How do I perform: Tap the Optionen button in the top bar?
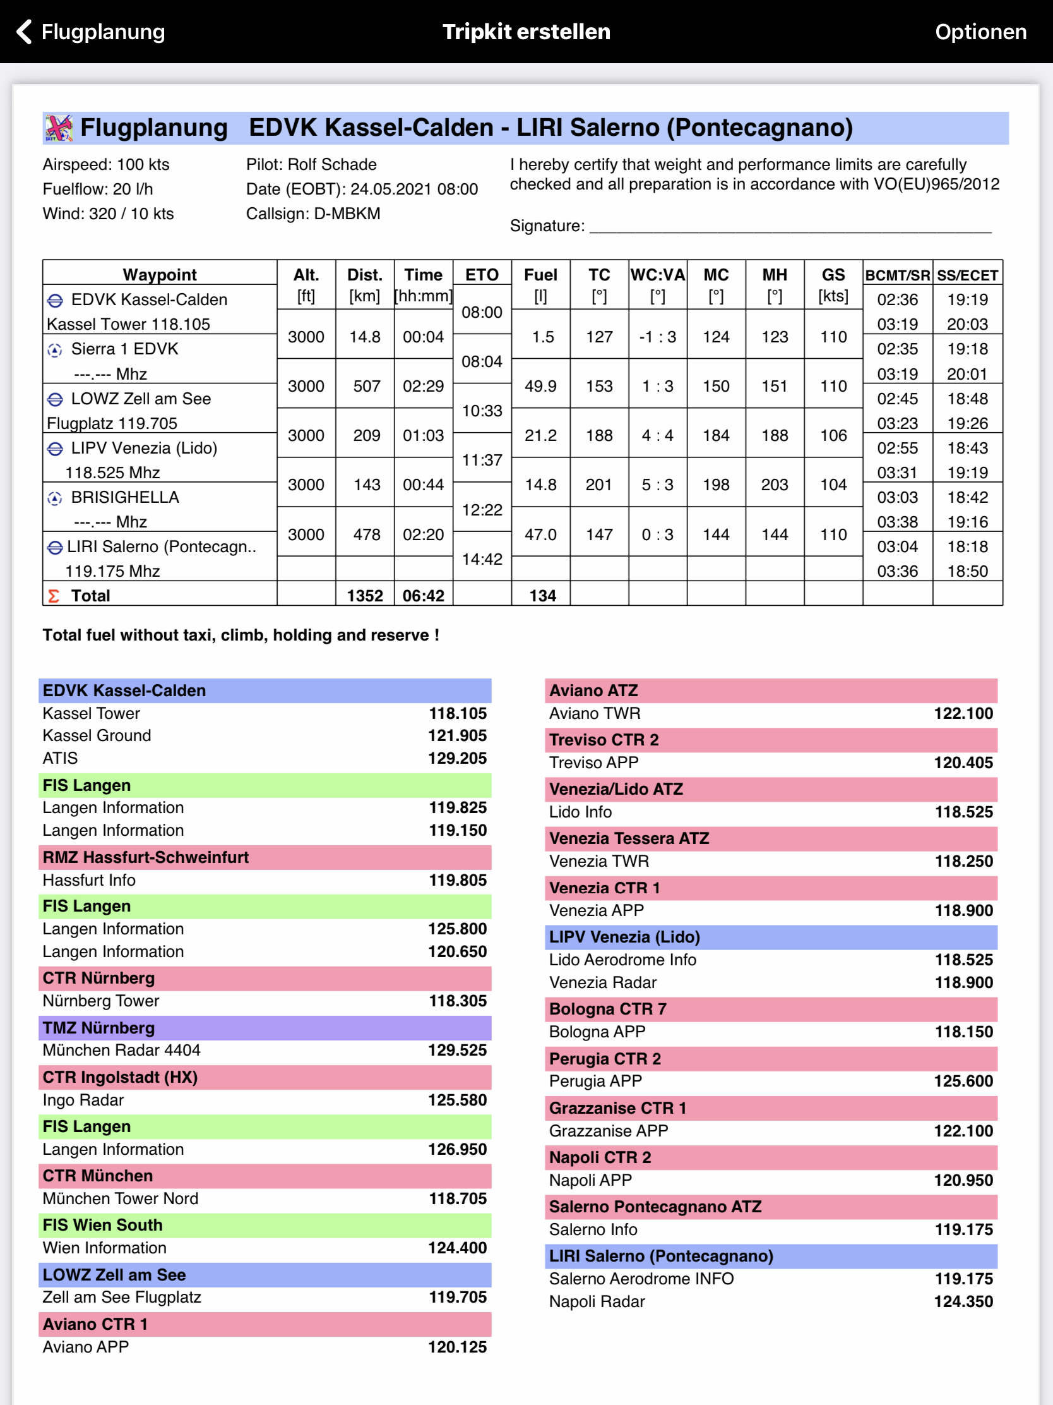[x=980, y=31]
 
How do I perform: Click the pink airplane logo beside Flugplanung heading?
[x=58, y=128]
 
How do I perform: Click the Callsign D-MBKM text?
[x=313, y=214]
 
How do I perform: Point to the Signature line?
[x=790, y=227]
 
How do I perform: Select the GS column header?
[x=833, y=275]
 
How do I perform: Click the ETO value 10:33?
[x=482, y=411]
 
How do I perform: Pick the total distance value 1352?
[x=365, y=596]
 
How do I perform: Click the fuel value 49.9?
[x=541, y=386]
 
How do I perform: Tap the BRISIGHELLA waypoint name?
[x=125, y=497]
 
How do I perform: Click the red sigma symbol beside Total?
[x=54, y=596]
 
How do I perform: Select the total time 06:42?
[x=424, y=596]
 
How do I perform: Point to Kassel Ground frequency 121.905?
[x=457, y=735]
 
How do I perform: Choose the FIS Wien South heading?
[x=102, y=1224]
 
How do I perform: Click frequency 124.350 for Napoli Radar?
[x=963, y=1301]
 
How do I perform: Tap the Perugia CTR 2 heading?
[x=604, y=1059]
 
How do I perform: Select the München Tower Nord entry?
[x=121, y=1198]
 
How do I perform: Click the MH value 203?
[x=775, y=485]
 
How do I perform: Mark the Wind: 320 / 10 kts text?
[x=108, y=214]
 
